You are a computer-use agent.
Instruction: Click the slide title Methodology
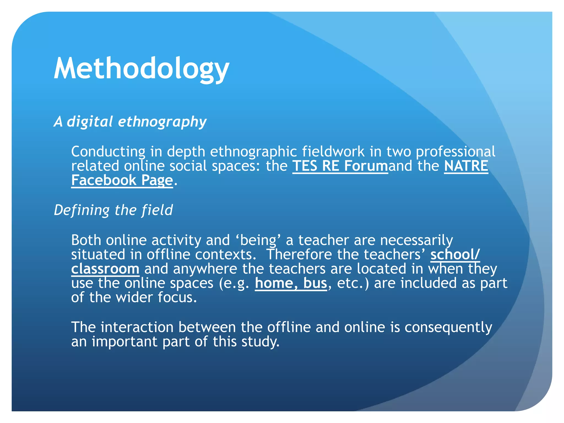(x=141, y=69)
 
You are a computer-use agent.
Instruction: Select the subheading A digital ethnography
(x=130, y=122)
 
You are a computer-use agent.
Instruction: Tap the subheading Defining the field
(x=113, y=210)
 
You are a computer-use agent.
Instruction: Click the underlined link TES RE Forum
(x=340, y=166)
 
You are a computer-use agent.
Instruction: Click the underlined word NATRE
(x=466, y=166)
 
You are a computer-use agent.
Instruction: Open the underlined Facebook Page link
(x=122, y=180)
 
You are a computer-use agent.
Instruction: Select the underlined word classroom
(x=105, y=269)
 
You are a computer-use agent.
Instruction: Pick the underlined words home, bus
(x=291, y=283)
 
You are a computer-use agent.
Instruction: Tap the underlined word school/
(x=455, y=254)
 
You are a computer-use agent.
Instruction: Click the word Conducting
(x=108, y=152)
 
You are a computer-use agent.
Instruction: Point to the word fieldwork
(x=333, y=152)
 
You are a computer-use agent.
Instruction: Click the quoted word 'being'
(x=258, y=240)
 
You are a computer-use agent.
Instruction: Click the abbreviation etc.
(x=350, y=283)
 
